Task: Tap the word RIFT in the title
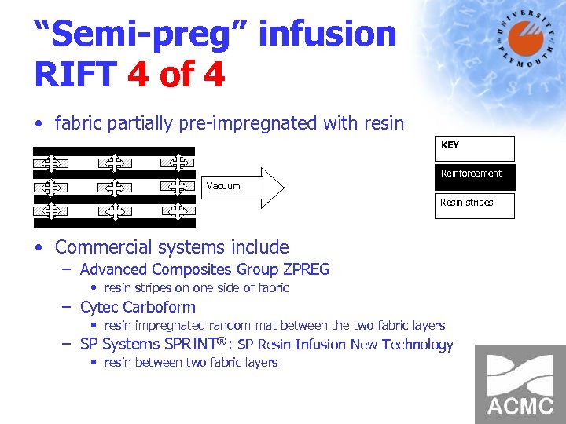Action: (74, 75)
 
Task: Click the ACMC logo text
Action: (520, 406)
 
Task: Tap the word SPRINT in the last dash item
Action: (193, 344)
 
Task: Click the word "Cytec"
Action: (97, 307)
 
